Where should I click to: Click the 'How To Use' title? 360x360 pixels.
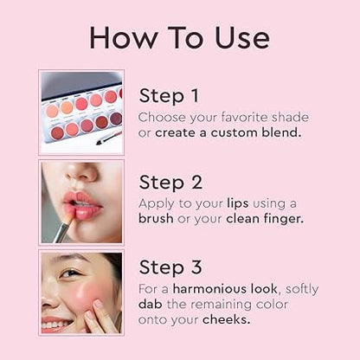(x=179, y=37)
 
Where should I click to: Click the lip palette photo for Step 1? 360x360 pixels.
(x=81, y=112)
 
